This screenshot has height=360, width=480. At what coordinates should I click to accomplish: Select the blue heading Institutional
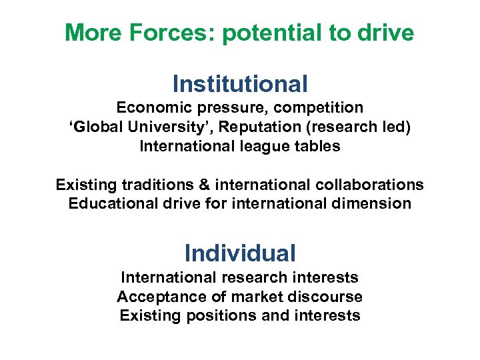pyautogui.click(x=240, y=84)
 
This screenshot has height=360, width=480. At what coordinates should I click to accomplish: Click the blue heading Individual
pyautogui.click(x=240, y=253)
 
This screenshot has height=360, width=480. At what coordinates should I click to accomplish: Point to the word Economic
pyautogui.click(x=149, y=107)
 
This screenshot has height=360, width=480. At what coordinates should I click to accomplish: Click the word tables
pyautogui.click(x=317, y=146)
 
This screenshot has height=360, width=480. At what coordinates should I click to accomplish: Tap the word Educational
pyautogui.click(x=111, y=203)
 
